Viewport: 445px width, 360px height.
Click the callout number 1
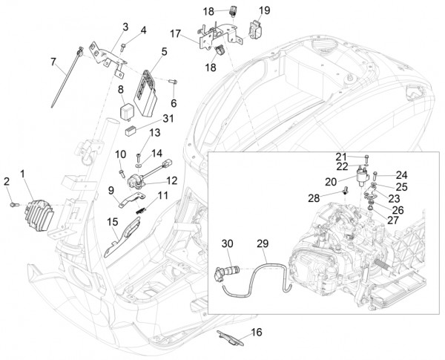point(23,174)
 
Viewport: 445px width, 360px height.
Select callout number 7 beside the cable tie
point(53,61)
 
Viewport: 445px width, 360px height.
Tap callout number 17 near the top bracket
point(175,33)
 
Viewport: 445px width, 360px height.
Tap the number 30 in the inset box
point(227,243)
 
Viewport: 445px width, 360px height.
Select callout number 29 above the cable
point(262,243)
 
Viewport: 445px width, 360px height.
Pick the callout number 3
point(125,27)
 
